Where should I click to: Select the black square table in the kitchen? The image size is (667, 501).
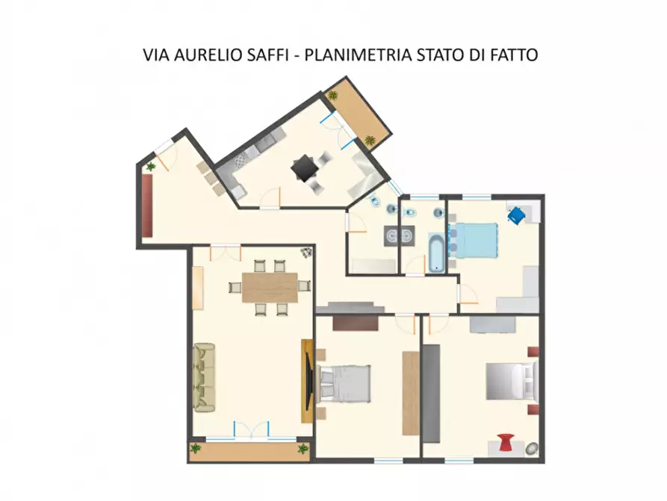coord(305,167)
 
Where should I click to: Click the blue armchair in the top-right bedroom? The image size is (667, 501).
coord(516,215)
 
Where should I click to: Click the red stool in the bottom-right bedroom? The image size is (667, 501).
coord(506,443)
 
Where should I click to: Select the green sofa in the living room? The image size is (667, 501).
coord(204,376)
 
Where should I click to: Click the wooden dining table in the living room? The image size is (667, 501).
coord(270,286)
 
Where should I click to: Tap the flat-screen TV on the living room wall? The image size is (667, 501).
coord(308,380)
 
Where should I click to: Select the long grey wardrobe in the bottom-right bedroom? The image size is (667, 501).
coord(432,393)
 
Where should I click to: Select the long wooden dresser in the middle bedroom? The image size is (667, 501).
coord(410,393)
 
